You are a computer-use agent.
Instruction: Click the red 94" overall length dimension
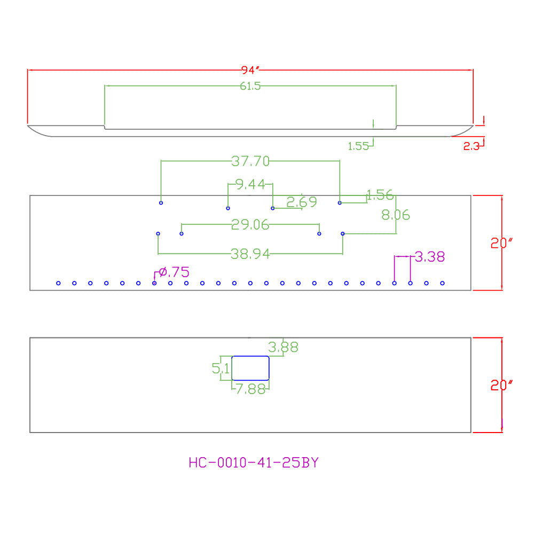click(250, 70)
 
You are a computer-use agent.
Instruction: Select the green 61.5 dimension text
click(250, 86)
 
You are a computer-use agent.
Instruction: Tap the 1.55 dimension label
click(358, 146)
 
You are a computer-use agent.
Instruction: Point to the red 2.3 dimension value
click(472, 146)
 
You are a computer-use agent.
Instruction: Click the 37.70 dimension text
click(250, 161)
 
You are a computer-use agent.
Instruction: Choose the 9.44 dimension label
click(250, 184)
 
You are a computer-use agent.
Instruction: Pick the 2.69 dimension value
click(302, 202)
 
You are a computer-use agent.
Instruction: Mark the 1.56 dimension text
click(380, 195)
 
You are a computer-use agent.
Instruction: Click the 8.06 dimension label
click(396, 215)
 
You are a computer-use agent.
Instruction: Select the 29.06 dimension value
click(250, 224)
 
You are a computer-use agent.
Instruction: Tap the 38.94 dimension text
click(250, 254)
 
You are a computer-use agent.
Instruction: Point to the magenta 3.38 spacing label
click(430, 257)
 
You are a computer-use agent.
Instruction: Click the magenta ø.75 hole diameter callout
click(174, 272)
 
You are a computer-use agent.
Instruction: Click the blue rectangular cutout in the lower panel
click(250, 356)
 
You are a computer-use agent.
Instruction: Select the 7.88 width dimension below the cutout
click(250, 389)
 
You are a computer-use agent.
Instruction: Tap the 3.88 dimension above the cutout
click(283, 347)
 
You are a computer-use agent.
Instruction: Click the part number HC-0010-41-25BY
click(254, 462)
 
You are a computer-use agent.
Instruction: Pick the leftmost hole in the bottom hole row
click(58, 284)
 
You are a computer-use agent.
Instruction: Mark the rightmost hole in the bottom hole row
click(442, 284)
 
